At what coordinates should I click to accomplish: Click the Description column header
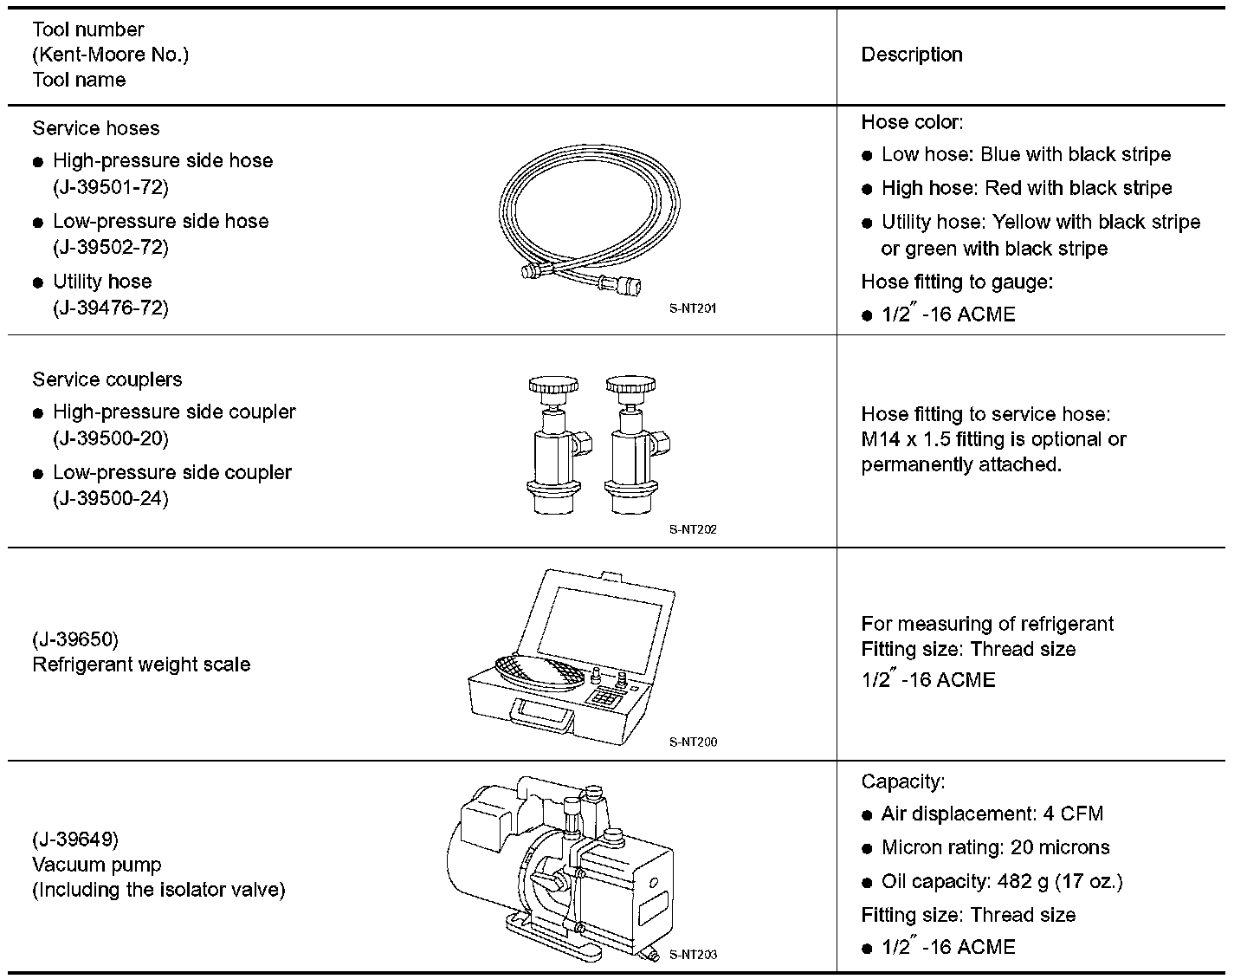pyautogui.click(x=911, y=55)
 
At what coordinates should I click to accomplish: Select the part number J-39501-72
pyautogui.click(x=111, y=187)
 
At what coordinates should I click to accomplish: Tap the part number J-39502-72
pyautogui.click(x=111, y=248)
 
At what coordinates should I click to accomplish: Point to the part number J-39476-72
pyautogui.click(x=111, y=308)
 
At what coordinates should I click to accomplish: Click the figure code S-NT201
pyautogui.click(x=693, y=308)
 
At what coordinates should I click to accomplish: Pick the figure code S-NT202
pyautogui.click(x=693, y=529)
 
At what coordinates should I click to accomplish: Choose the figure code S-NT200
pyautogui.click(x=693, y=742)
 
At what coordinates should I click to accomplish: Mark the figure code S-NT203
pyautogui.click(x=693, y=955)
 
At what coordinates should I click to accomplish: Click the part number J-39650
pyautogui.click(x=75, y=639)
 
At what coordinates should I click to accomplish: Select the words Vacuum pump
pyautogui.click(x=96, y=865)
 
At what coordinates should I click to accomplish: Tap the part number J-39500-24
pyautogui.click(x=111, y=499)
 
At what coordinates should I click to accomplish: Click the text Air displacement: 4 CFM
pyautogui.click(x=992, y=814)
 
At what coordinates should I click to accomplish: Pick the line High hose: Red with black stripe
pyautogui.click(x=1026, y=188)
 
